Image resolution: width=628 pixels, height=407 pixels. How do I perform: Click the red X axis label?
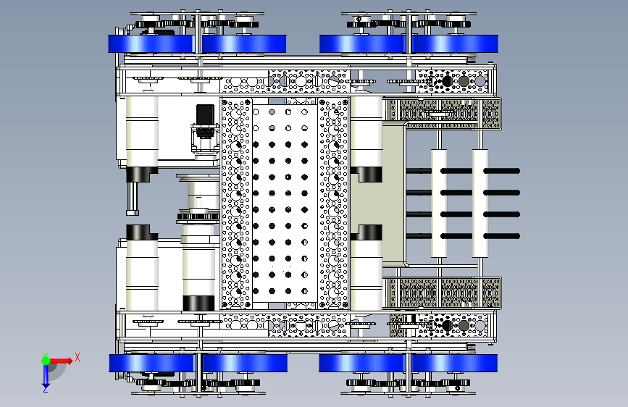(x=77, y=356)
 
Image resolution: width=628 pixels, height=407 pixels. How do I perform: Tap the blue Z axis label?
(x=45, y=389)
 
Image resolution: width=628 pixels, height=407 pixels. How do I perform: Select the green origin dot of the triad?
(x=46, y=360)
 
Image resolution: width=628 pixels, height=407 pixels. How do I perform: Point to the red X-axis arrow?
(x=64, y=360)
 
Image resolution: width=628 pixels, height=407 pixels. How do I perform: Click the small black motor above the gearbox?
(x=204, y=115)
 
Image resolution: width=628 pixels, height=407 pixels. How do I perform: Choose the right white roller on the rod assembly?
(x=481, y=203)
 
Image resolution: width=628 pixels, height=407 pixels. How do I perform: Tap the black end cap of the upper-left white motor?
(x=142, y=175)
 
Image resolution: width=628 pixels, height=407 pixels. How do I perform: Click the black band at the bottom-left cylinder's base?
(x=199, y=303)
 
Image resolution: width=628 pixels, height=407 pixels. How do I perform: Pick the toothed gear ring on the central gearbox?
(x=198, y=217)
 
